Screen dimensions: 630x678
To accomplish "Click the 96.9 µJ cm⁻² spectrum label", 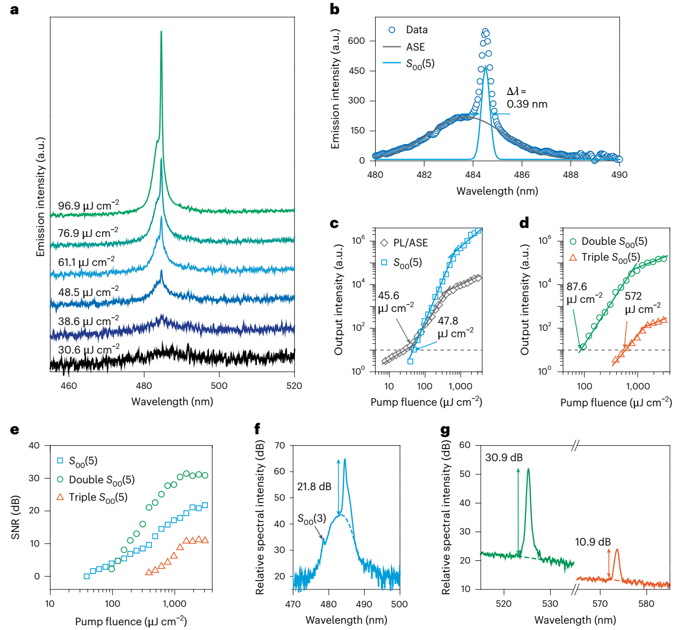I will (x=88, y=205).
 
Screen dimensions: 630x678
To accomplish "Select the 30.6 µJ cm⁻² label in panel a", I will (x=89, y=349).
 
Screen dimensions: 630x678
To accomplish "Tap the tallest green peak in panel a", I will (x=161, y=33).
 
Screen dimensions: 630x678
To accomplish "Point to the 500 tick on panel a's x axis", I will (x=219, y=386).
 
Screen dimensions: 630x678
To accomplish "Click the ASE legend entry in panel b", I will (x=415, y=47).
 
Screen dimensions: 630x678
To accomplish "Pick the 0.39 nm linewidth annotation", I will (x=527, y=104).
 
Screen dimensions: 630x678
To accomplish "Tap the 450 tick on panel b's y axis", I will (x=357, y=71).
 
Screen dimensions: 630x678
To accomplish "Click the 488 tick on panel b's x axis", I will (x=570, y=175).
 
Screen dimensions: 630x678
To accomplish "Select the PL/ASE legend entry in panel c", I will (x=410, y=243).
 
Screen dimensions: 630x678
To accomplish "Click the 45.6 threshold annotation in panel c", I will (x=389, y=296).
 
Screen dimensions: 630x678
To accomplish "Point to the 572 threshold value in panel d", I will (x=633, y=296).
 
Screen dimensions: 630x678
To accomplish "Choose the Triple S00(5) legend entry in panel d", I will (x=610, y=257).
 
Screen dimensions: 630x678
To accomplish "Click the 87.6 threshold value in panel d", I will (x=577, y=287).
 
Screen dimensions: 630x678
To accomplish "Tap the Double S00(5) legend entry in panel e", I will (x=101, y=480).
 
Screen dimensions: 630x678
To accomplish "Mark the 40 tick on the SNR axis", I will (x=34, y=445).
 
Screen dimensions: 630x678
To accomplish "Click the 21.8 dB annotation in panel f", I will (x=314, y=486).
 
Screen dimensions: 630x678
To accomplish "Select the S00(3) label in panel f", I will (x=312, y=519).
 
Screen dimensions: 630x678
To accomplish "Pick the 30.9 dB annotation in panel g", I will (x=504, y=457).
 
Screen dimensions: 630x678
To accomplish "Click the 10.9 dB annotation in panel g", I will (x=593, y=542).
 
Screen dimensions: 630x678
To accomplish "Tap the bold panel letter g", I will (x=445, y=431).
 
